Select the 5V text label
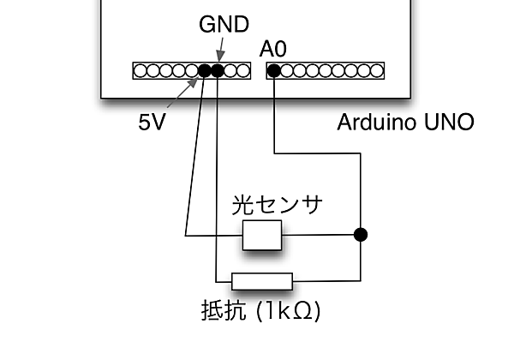[152, 122]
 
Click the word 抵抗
[219, 309]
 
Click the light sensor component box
[261, 235]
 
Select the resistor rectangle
[263, 281]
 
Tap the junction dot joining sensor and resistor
[361, 234]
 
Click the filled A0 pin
[273, 70]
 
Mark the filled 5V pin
[205, 70]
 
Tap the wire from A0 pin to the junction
[317, 154]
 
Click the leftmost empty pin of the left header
[139, 70]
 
